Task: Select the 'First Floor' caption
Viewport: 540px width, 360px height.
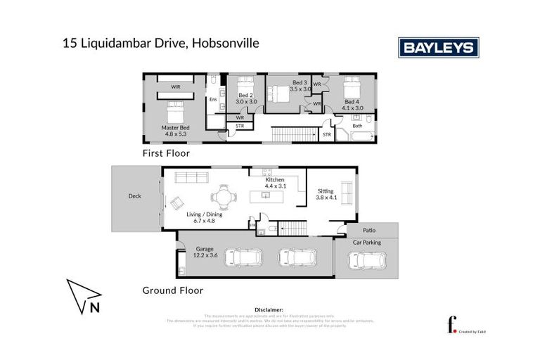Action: pyautogui.click(x=166, y=153)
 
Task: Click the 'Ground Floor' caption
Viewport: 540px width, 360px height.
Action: pyautogui.click(x=172, y=290)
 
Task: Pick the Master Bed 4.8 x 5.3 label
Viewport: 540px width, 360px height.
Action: pyautogui.click(x=175, y=131)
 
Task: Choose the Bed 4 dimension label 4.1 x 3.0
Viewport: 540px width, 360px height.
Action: pyautogui.click(x=352, y=108)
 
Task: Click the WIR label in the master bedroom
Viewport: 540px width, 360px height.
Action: pyautogui.click(x=174, y=88)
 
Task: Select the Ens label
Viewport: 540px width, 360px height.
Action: pyautogui.click(x=214, y=100)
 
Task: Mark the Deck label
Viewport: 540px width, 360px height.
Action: pyautogui.click(x=136, y=196)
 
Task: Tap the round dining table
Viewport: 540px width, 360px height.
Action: pyautogui.click(x=224, y=196)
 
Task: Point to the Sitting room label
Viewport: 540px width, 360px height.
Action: pyautogui.click(x=327, y=194)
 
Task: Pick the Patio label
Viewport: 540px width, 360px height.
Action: pyautogui.click(x=369, y=230)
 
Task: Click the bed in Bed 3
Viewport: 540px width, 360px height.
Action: pyautogui.click(x=279, y=91)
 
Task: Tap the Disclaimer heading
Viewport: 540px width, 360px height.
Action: pyautogui.click(x=269, y=309)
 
